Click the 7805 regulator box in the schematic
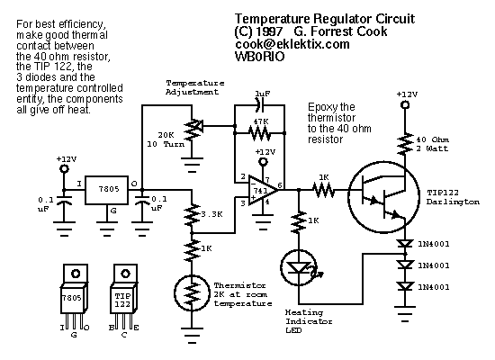pos(107,190)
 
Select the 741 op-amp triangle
pos(263,190)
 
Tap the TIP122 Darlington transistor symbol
pos(383,197)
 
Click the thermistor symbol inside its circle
pos(192,293)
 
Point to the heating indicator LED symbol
pos(299,268)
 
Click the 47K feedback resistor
pos(259,133)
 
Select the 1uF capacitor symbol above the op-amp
pos(260,105)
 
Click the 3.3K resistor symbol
pos(192,215)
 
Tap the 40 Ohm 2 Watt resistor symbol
pos(405,144)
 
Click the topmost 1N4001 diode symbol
pos(405,244)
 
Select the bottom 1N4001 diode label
pos(434,287)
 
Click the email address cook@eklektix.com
pos(292,44)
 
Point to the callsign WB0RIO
pos(259,57)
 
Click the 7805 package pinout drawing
pos(74,298)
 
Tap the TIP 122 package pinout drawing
pos(124,298)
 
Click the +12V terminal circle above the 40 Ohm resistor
pos(405,104)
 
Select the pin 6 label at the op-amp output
pos(280,185)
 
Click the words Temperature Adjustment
pos(194,87)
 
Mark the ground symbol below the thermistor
pos(192,335)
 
